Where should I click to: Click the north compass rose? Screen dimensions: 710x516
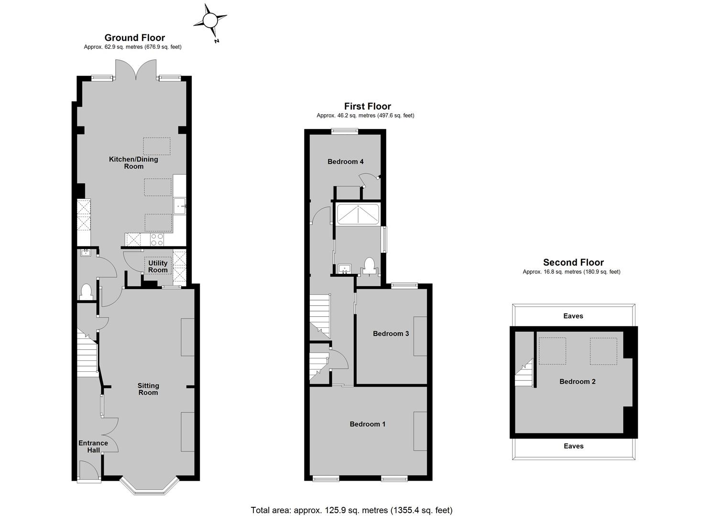(x=209, y=21)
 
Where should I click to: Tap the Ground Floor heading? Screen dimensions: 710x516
(x=135, y=38)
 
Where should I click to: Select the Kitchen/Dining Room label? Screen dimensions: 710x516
(x=133, y=162)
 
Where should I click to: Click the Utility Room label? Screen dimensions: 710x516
(x=158, y=267)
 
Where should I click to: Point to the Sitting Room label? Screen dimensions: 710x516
(x=148, y=389)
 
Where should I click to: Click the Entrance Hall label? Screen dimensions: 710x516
(x=93, y=447)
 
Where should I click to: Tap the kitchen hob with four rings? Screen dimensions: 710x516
(x=157, y=239)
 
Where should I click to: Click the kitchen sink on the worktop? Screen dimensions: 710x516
(x=180, y=206)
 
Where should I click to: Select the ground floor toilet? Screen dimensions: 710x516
(x=86, y=292)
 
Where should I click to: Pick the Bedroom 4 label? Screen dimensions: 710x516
(x=346, y=162)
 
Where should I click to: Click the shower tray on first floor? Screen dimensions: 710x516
(x=358, y=215)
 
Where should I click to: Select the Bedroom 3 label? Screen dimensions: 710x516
(x=391, y=333)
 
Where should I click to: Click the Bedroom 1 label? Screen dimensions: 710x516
(x=367, y=424)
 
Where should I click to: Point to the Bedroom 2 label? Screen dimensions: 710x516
(x=578, y=382)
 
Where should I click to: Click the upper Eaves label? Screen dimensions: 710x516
(x=573, y=316)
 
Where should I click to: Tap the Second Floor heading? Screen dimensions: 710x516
(x=573, y=262)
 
